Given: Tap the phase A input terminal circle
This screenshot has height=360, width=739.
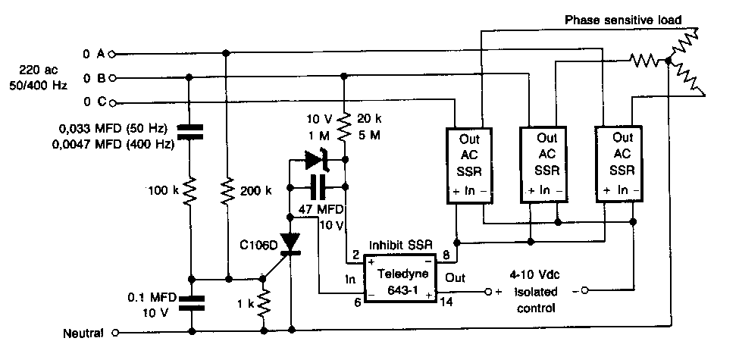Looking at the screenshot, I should pos(113,54).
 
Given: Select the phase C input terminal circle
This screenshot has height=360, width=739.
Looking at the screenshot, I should pos(113,103).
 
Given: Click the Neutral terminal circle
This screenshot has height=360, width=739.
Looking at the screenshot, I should pos(115,332).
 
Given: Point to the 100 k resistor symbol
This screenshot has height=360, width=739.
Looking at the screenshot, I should pos(189,189).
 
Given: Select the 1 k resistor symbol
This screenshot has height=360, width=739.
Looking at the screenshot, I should pos(264,304).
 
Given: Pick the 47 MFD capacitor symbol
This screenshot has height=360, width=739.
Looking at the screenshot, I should pos(316,186).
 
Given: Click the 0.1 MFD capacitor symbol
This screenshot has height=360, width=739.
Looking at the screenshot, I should pos(189,304).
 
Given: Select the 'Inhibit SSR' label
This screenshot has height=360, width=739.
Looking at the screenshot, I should pos(399,245).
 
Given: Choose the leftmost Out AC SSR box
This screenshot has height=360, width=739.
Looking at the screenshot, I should pos(470,165).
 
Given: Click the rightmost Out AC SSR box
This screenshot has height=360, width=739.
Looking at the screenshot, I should pos(622,165).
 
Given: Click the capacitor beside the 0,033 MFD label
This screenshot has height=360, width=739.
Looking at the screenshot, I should pos(189,130).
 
